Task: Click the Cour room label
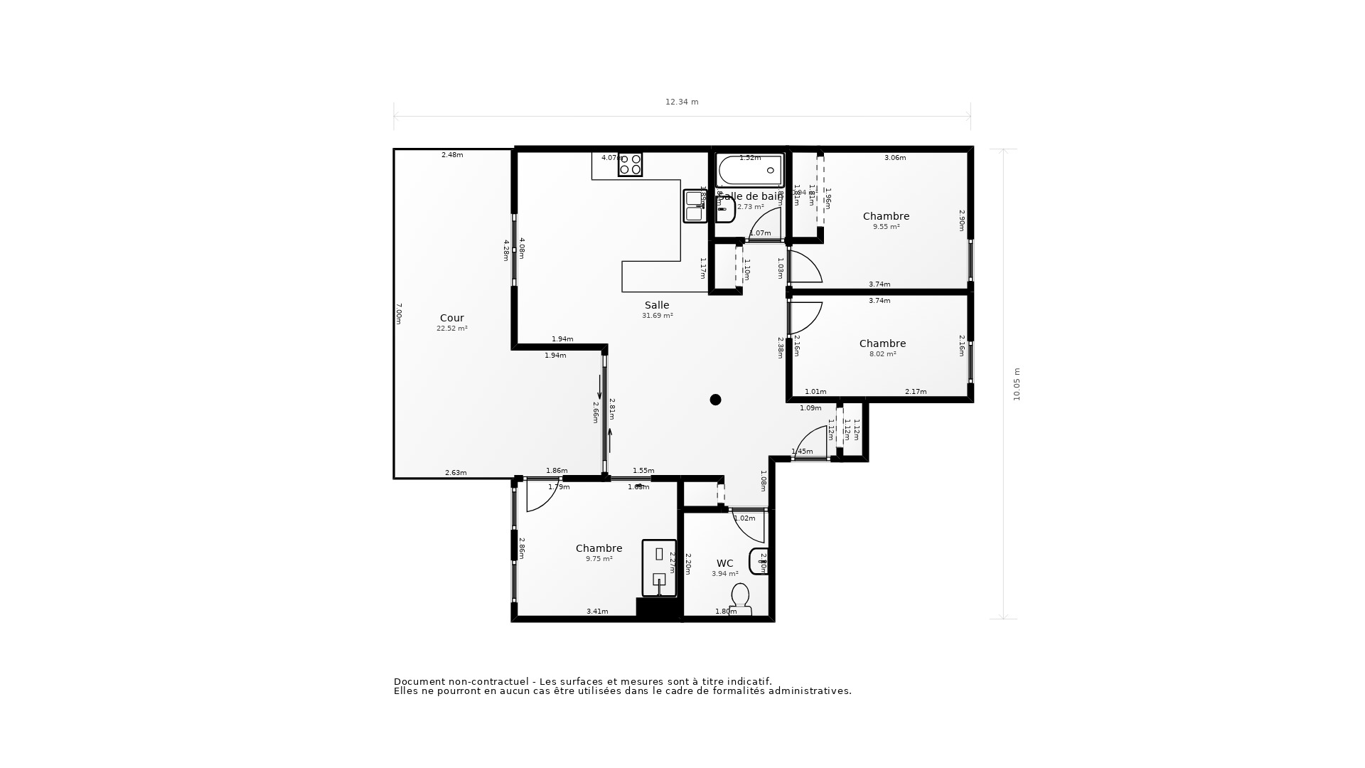click(451, 318)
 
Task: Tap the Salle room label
click(657, 305)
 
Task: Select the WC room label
click(724, 563)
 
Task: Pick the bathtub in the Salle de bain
click(749, 171)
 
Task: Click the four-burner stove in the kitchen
click(630, 164)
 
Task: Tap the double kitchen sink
click(695, 206)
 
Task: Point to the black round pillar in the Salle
click(715, 400)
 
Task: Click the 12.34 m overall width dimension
click(682, 102)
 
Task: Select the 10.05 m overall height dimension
click(1017, 384)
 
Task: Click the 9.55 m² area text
click(886, 227)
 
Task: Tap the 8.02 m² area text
click(882, 354)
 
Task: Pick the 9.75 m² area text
click(599, 559)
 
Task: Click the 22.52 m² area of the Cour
click(451, 329)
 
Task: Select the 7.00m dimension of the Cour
click(399, 314)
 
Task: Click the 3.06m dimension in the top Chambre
click(894, 158)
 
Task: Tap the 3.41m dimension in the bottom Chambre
click(597, 612)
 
